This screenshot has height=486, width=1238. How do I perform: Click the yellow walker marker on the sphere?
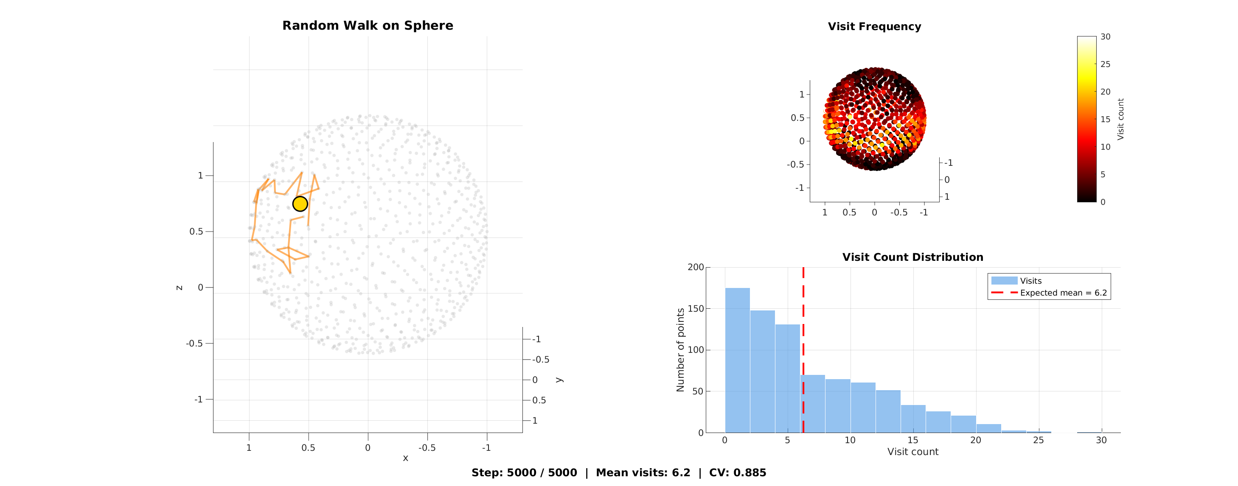[300, 204]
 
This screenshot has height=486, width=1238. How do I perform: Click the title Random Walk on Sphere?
[368, 25]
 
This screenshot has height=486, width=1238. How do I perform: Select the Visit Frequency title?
[874, 26]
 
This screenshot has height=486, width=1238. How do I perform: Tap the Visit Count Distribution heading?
[912, 257]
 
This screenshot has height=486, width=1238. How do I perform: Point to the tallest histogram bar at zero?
[737, 360]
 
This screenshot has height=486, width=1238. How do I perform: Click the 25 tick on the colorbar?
[1105, 64]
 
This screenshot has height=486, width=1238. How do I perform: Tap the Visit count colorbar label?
[1120, 119]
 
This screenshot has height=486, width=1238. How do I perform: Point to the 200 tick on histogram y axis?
[696, 267]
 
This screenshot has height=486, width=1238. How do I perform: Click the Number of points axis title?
[680, 349]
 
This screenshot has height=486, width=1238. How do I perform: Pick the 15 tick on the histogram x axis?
[912, 440]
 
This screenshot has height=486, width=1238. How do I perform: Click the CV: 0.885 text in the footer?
[737, 472]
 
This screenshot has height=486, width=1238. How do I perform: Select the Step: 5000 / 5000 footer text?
[524, 472]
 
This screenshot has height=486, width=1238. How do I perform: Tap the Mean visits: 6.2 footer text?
[643, 472]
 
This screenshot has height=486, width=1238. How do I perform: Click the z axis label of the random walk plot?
[179, 288]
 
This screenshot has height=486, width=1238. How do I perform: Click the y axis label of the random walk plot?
[559, 380]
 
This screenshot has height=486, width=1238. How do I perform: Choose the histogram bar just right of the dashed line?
[814, 403]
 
